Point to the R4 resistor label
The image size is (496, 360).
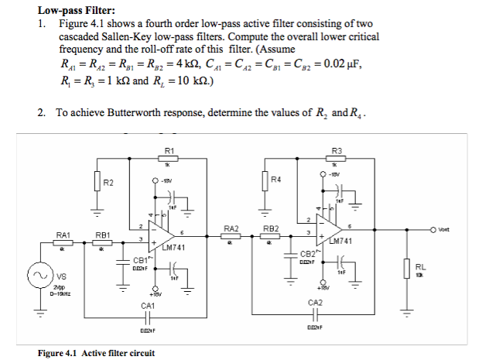[x=275, y=180]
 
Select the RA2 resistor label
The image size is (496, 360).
[x=231, y=228]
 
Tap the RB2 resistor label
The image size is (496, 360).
[x=272, y=228]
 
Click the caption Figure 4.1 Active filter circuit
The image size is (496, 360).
[x=97, y=353]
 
